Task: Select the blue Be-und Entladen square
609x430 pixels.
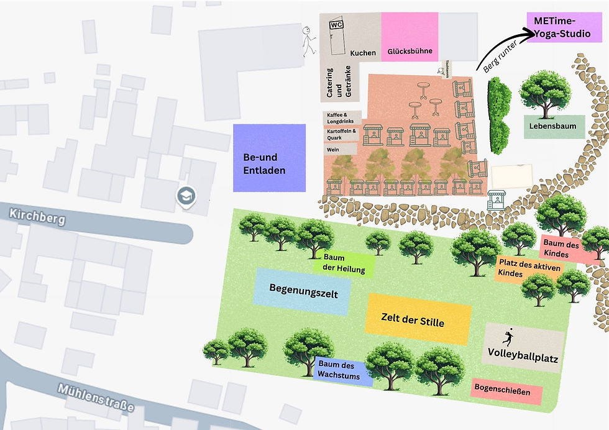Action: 269,158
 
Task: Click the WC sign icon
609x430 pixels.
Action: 336,25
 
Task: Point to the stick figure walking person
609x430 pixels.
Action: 308,41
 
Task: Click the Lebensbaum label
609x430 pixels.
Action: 553,126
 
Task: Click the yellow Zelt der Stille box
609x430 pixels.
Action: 417,319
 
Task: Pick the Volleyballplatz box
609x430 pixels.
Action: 523,348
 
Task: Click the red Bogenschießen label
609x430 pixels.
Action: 506,391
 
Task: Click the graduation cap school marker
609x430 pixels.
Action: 186,196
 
